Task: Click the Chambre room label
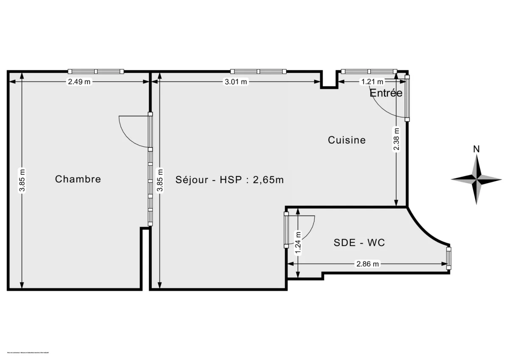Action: click(x=78, y=179)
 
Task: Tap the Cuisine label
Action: click(x=347, y=140)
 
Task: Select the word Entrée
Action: click(x=386, y=93)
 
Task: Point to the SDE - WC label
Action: click(x=359, y=243)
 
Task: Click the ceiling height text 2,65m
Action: click(x=268, y=180)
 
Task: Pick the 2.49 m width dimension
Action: click(x=79, y=82)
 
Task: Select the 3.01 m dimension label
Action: click(x=236, y=82)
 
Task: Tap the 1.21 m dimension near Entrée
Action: click(x=372, y=82)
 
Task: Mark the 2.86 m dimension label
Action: click(x=367, y=264)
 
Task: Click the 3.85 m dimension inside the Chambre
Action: click(x=22, y=180)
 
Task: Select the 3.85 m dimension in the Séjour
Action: click(x=160, y=180)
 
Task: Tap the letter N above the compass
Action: click(x=476, y=149)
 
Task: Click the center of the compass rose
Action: click(x=476, y=179)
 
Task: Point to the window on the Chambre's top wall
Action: click(x=96, y=71)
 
